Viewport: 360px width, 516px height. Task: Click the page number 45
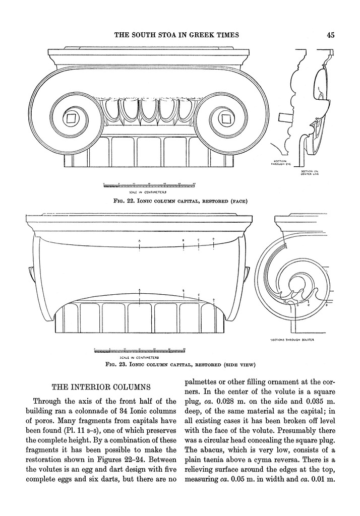331,35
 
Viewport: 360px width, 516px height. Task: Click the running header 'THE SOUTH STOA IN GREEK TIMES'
176,35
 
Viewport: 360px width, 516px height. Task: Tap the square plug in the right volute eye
225,119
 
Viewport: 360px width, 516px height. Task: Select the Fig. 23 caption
180,363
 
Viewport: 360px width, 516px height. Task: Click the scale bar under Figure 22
149,186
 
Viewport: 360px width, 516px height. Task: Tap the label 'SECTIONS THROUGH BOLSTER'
293,340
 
